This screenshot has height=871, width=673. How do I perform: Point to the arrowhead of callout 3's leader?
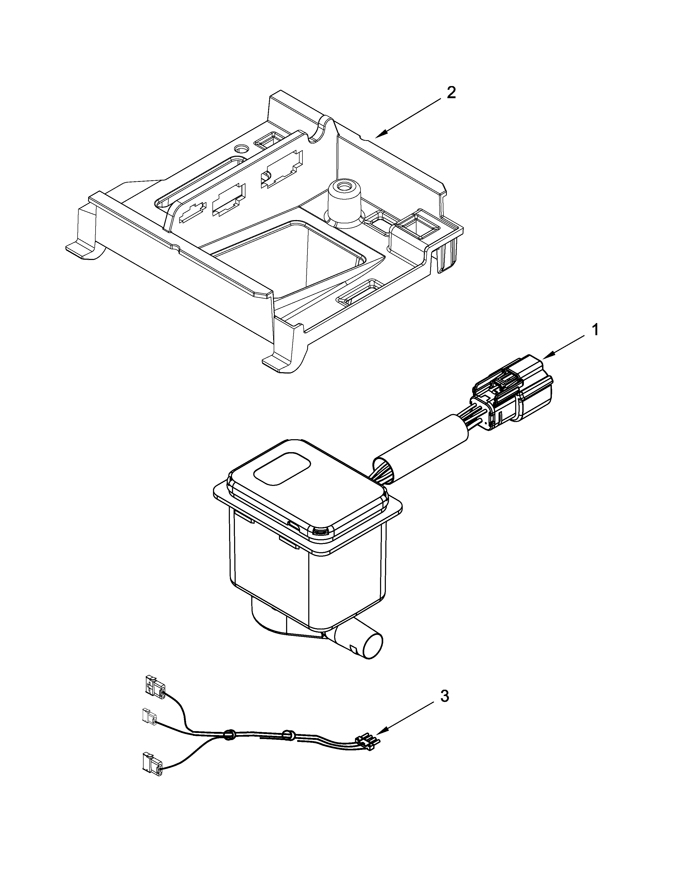click(x=376, y=734)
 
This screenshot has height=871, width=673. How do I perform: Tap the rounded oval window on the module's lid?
click(x=282, y=468)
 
